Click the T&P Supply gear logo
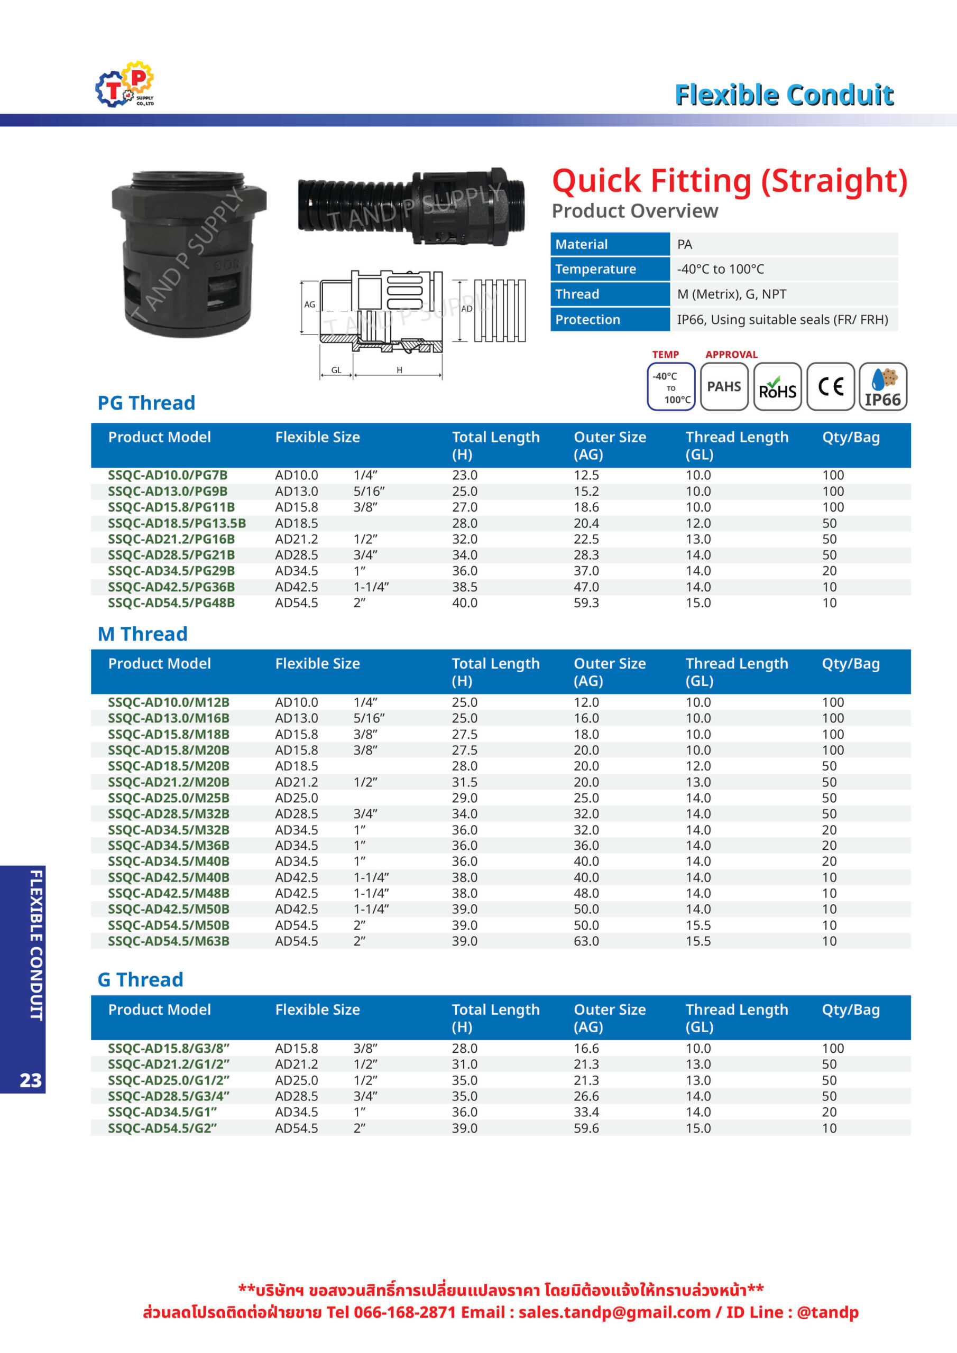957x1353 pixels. point(125,84)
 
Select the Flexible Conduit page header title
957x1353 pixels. point(784,95)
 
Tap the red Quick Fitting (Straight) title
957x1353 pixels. point(730,181)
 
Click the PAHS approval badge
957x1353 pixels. point(724,386)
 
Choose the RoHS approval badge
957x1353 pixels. point(777,386)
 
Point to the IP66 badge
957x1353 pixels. point(882,386)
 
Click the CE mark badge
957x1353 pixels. point(830,386)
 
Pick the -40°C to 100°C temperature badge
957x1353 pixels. point(671,386)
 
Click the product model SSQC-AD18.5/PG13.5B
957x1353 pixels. point(177,523)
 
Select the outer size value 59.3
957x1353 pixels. point(586,603)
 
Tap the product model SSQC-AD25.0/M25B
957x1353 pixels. point(169,798)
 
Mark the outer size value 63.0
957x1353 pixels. point(586,941)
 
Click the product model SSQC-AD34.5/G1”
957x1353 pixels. point(162,1112)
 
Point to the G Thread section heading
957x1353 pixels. point(140,979)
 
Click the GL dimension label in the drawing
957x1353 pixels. point(336,370)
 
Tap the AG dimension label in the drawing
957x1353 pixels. point(309,304)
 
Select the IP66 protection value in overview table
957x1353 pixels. point(782,319)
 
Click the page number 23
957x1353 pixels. point(31,1080)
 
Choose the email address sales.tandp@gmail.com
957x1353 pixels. point(614,1312)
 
